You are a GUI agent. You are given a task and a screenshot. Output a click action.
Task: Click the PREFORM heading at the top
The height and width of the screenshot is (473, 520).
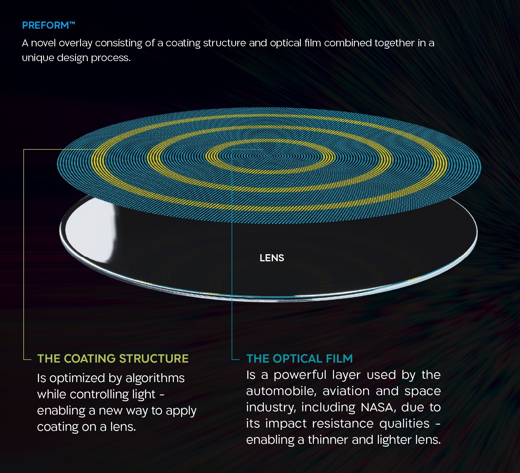click(x=48, y=25)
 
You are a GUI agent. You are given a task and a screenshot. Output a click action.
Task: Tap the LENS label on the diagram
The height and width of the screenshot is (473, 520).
click(x=272, y=258)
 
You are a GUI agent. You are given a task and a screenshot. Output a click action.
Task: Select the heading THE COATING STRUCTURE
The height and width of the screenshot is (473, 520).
click(x=113, y=359)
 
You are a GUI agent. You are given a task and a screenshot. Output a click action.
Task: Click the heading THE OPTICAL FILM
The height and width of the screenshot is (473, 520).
click(x=300, y=359)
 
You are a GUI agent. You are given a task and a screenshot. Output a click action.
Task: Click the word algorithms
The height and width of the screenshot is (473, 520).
click(x=155, y=378)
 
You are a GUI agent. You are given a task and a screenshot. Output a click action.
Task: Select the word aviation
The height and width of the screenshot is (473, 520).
click(x=346, y=391)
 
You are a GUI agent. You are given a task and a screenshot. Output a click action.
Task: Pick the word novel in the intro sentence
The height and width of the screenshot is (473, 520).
click(x=43, y=43)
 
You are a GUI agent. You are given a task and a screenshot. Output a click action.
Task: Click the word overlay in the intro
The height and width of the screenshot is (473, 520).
click(x=76, y=43)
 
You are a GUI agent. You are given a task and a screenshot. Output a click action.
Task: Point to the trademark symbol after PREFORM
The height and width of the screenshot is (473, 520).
click(x=72, y=23)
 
